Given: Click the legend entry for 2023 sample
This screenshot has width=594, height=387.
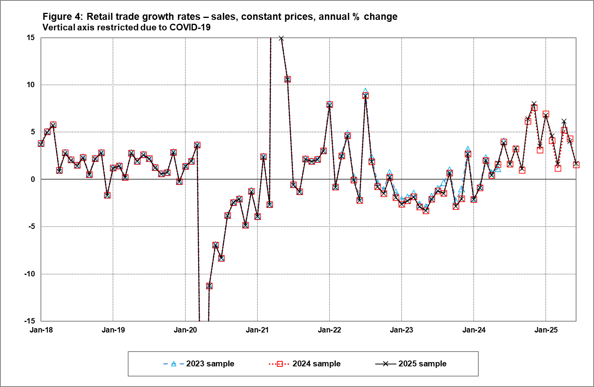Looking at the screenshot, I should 199,364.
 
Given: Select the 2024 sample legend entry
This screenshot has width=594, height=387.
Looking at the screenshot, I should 305,364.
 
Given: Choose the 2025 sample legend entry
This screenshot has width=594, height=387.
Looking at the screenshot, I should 411,364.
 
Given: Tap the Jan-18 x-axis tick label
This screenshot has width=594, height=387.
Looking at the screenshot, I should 41,330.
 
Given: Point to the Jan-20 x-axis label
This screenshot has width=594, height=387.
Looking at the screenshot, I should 185,330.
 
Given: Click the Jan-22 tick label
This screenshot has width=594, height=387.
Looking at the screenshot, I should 330,330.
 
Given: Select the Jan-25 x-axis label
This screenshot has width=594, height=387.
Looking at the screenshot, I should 546,330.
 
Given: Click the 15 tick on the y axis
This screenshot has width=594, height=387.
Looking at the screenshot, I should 31,38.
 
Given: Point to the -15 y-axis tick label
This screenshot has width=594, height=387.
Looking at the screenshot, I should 30,321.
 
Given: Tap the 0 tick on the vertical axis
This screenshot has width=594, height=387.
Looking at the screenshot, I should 33,179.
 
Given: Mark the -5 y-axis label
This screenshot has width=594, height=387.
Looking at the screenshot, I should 31,227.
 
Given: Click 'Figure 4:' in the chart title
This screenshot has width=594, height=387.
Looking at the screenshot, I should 62,17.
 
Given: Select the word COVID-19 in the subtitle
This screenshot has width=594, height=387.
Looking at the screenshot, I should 190,27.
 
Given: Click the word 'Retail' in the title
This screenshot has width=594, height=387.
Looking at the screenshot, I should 100,17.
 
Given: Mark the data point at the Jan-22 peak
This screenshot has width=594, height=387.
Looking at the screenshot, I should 330,105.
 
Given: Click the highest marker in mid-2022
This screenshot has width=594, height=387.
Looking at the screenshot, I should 365,96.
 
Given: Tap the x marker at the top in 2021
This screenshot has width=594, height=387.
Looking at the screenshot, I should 281,39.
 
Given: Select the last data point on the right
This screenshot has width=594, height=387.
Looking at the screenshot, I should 576,165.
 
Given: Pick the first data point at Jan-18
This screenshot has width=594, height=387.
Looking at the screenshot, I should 41,144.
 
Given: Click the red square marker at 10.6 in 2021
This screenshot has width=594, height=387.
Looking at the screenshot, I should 287,79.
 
